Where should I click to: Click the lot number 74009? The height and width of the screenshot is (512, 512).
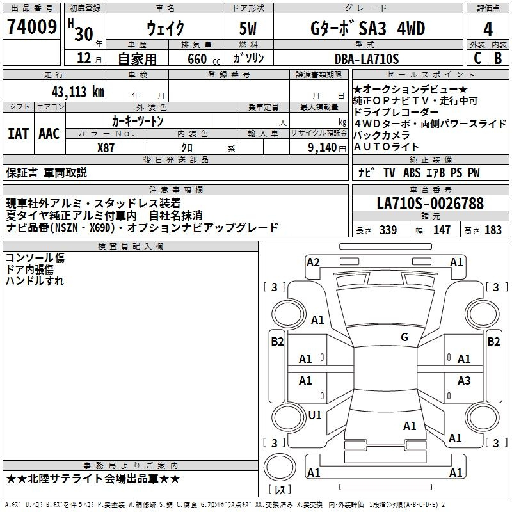point(31,28)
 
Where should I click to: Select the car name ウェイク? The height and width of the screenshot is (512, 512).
point(166,29)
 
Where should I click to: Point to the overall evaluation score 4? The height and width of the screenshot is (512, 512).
point(488,29)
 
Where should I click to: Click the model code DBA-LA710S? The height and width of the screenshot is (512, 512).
point(366,60)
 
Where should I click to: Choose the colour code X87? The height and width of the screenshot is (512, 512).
point(106,147)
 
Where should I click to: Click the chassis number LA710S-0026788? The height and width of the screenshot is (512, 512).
point(430,204)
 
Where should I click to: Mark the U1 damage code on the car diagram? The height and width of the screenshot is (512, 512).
point(315,415)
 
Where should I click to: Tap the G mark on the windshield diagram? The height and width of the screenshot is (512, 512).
point(404,337)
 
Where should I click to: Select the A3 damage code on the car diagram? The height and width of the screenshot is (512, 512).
point(464,381)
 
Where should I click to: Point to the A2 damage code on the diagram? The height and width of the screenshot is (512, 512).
point(313,262)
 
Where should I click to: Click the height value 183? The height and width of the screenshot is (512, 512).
point(493,230)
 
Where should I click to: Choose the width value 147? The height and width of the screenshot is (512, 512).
point(442,230)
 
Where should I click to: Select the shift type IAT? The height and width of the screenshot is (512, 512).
point(18,134)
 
